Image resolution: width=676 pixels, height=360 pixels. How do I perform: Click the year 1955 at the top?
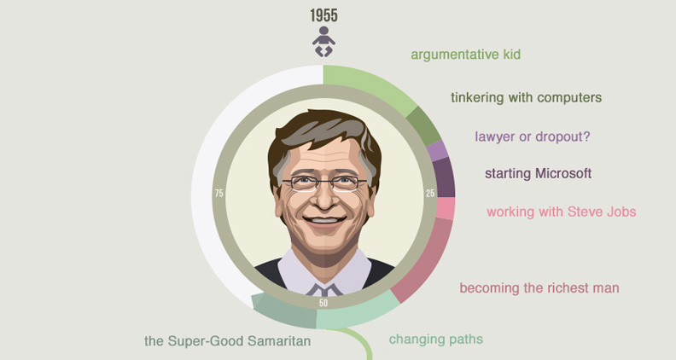point(323,15)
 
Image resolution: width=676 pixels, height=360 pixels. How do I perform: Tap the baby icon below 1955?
point(323,42)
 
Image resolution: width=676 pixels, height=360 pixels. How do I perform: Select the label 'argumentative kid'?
point(466,55)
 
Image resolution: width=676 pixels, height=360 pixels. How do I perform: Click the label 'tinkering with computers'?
point(526,97)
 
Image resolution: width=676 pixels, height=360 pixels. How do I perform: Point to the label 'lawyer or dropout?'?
point(533,136)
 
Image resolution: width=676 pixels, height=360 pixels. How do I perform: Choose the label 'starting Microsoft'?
point(538,173)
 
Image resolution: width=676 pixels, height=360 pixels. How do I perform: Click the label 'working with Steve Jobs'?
point(562,212)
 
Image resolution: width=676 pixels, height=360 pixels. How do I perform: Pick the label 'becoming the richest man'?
point(539,288)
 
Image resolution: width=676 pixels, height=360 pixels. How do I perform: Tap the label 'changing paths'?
point(436,340)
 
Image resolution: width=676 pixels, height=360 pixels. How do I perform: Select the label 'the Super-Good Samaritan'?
point(228,341)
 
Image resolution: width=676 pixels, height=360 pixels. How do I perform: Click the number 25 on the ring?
point(430,194)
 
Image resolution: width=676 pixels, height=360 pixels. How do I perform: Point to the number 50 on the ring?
point(323,303)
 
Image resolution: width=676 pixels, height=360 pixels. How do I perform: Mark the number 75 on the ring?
point(219,193)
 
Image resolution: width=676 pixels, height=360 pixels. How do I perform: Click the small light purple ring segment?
point(437,151)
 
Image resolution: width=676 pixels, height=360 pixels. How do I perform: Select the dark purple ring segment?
point(444,177)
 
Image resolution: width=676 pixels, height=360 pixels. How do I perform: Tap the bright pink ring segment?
point(446,209)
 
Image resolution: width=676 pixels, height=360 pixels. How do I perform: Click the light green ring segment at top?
point(370,86)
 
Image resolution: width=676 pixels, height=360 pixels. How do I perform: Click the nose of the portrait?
point(324,197)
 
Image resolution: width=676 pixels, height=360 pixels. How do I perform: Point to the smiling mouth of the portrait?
point(324,220)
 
